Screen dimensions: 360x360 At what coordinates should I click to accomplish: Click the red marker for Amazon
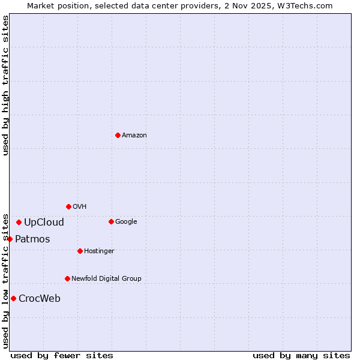118,135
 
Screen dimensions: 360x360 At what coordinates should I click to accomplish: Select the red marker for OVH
68,206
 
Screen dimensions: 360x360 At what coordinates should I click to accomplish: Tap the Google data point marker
111,221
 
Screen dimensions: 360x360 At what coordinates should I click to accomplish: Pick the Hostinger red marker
80,251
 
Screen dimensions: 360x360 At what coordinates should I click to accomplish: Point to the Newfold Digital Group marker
67,278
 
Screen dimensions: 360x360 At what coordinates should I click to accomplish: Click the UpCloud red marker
19,222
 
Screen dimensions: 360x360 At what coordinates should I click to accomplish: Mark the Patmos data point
10,239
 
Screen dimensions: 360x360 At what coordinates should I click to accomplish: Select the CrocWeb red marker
13,298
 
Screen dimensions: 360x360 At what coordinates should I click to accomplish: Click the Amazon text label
134,136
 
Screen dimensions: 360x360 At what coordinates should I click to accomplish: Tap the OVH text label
80,207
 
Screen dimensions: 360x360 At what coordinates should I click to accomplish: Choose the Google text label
126,222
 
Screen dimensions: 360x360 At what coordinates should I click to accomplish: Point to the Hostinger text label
99,251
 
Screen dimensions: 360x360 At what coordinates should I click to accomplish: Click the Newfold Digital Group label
106,279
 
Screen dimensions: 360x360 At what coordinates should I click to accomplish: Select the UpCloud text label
44,223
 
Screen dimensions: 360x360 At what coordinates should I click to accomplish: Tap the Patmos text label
32,239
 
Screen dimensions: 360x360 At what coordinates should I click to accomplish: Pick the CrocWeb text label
40,299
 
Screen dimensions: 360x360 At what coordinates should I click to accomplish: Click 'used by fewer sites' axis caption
62,356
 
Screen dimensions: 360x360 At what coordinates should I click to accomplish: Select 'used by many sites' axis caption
301,356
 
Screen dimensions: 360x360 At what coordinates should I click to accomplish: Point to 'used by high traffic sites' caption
6,85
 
